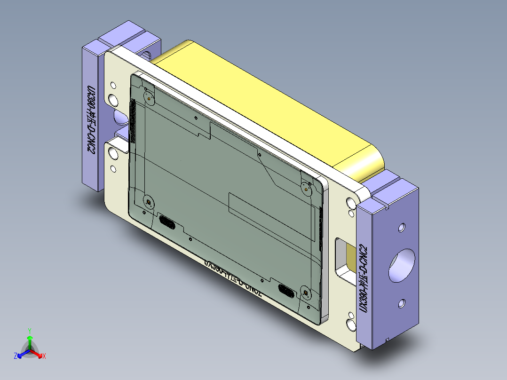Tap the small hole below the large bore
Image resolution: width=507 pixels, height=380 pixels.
click(402, 303)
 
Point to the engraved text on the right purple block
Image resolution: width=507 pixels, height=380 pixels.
click(363, 277)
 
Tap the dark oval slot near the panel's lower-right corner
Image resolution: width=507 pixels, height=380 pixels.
click(286, 290)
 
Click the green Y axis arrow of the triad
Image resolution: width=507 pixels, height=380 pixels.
click(30, 338)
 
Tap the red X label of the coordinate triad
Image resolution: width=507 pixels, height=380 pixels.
click(44, 356)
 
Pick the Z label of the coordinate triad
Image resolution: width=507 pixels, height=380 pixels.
click(16, 356)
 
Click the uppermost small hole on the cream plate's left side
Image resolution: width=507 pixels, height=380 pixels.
click(113, 85)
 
